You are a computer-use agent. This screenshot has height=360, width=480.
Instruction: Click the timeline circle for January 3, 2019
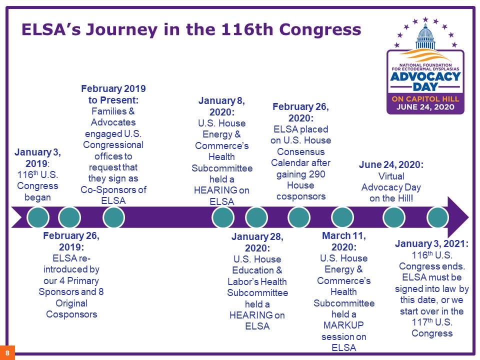tap(38, 217)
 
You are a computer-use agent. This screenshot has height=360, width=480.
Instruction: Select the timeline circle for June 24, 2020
tap(393, 217)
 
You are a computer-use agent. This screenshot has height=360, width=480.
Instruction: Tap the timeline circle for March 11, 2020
tap(342, 217)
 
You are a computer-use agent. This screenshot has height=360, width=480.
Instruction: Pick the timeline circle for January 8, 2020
tap(223, 217)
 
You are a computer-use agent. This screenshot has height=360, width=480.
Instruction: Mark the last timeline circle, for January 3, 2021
tap(438, 217)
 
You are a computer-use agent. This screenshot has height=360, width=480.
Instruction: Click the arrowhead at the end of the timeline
tap(457, 217)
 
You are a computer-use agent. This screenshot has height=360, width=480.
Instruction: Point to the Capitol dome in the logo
tap(425, 36)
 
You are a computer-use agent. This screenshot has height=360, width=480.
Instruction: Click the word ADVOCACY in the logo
tap(425, 76)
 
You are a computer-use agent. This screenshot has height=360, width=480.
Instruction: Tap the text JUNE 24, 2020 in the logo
tap(425, 107)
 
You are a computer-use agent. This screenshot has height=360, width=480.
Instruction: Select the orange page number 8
tap(7, 352)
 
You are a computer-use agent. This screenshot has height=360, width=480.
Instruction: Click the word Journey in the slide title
tap(121, 29)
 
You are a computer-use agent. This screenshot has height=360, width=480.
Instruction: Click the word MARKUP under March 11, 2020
tap(343, 325)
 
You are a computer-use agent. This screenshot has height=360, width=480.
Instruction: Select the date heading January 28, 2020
tap(257, 242)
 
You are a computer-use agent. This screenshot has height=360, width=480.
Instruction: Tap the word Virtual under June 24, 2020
tap(391, 176)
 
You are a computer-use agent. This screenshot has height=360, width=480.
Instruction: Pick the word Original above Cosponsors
tap(71, 303)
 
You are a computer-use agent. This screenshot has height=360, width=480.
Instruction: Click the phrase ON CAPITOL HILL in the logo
tap(425, 99)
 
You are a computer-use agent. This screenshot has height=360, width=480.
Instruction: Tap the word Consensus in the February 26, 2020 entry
tap(300, 152)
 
